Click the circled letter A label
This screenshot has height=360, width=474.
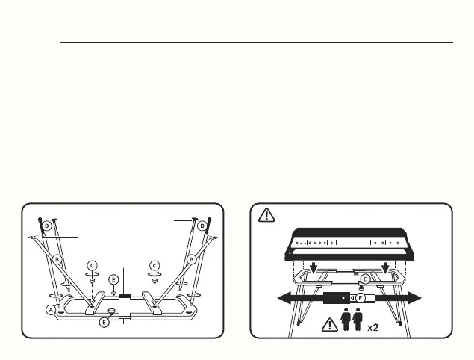(51, 309)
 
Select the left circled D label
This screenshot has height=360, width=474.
(46, 224)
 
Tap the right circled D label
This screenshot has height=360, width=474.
(202, 224)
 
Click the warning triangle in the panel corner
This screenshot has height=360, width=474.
(266, 215)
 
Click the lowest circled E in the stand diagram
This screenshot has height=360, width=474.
(104, 322)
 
